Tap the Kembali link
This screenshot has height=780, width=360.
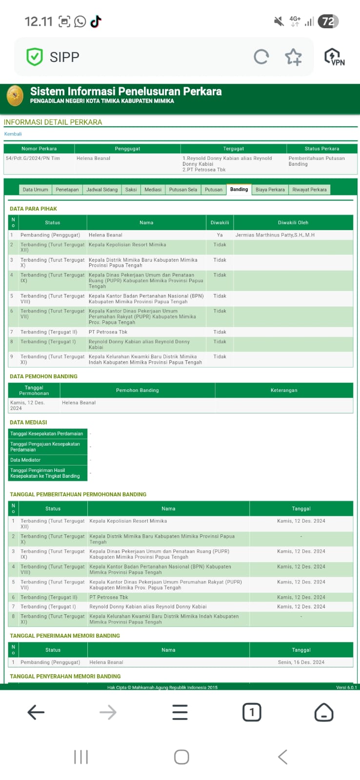click(x=13, y=134)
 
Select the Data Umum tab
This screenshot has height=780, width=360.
click(x=35, y=190)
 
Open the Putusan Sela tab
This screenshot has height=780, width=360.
click(x=183, y=190)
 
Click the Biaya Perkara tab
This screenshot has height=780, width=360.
click(x=270, y=190)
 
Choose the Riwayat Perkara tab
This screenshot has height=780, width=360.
click(x=309, y=190)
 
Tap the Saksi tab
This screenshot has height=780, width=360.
click(x=131, y=190)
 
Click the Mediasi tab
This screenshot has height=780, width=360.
click(x=153, y=190)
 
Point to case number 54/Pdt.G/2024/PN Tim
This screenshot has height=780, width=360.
click(x=33, y=158)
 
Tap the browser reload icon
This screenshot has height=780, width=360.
click(x=261, y=57)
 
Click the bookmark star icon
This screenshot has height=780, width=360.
click(x=293, y=57)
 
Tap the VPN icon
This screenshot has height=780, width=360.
click(x=335, y=57)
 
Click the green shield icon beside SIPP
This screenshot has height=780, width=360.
click(x=35, y=57)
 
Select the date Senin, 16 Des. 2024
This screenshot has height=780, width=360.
click(x=301, y=662)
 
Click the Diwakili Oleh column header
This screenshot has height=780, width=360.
click(x=293, y=223)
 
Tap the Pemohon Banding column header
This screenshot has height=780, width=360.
click(x=137, y=390)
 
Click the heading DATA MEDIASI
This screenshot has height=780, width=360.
click(x=28, y=422)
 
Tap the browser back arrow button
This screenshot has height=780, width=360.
click(x=36, y=712)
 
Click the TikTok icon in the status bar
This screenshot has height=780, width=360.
click(x=96, y=21)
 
